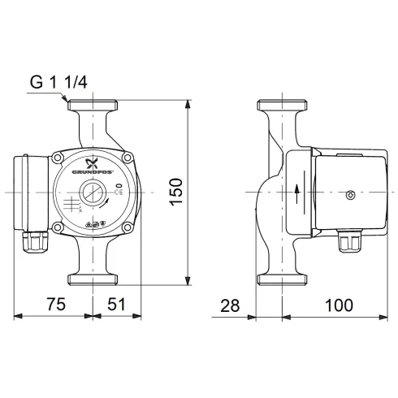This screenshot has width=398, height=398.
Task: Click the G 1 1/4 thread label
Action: (x=60, y=83)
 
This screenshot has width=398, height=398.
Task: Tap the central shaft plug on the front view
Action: (x=90, y=196)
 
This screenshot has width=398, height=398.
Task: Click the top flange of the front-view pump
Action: (x=94, y=106)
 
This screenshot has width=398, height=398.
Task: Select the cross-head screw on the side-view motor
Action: (x=350, y=196)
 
